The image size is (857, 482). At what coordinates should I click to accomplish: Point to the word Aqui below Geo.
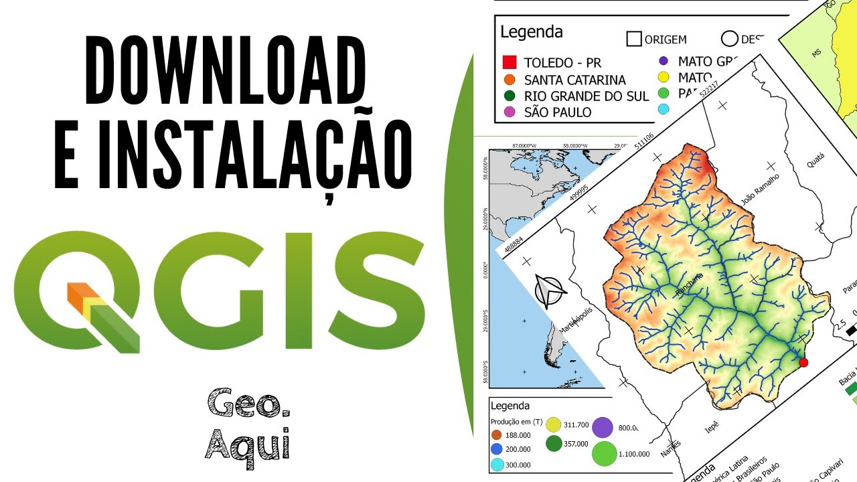coord(248,443)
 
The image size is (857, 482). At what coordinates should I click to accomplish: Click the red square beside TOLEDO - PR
coord(510,62)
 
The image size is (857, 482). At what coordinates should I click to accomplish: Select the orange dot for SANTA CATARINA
coord(510,80)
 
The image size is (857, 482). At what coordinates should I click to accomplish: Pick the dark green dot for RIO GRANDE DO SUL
coord(510,96)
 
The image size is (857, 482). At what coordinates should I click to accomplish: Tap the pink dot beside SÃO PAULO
coord(510,112)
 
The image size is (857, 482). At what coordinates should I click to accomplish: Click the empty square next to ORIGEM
coord(634,39)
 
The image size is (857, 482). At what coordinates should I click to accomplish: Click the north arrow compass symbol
coord(549,292)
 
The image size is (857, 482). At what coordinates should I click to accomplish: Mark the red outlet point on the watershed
coord(803,362)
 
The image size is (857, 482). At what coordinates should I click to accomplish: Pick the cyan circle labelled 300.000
coord(497,465)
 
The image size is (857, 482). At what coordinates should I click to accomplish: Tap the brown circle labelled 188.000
coord(497,434)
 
